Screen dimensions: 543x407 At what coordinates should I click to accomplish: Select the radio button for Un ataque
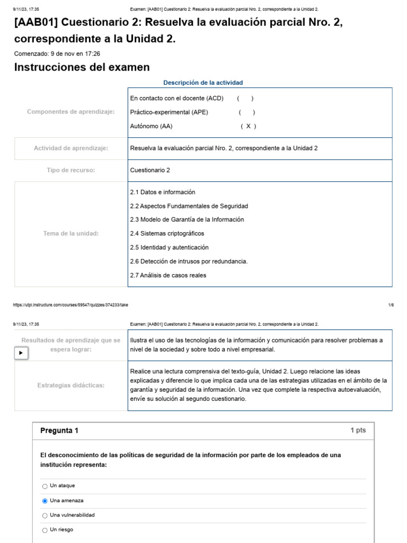pos(45,486)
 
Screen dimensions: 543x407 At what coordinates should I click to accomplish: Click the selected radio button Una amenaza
pos(45,501)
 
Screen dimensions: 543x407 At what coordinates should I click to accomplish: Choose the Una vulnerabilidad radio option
pos(45,515)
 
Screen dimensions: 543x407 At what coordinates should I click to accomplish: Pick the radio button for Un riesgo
pos(45,530)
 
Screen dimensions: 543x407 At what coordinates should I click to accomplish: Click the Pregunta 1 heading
pos(59,431)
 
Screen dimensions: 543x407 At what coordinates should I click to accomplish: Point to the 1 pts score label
pos(358,431)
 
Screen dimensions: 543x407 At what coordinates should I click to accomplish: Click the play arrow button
pos(21,353)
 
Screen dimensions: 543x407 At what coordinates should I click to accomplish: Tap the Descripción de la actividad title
pos(203,83)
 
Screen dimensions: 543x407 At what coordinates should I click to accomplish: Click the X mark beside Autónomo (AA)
pos(248,126)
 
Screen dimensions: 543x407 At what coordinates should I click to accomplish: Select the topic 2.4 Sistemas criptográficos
pos(167,233)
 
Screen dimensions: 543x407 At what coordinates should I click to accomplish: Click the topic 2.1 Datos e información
pos(163,192)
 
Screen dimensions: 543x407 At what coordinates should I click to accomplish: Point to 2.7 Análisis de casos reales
pos(168,275)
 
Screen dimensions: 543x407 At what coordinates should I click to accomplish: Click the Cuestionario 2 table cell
pos(150,170)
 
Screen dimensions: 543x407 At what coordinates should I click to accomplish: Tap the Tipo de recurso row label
pos(71,170)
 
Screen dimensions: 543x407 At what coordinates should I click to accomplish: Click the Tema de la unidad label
pos(71,233)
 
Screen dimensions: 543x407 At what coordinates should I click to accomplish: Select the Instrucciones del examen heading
pos(82,67)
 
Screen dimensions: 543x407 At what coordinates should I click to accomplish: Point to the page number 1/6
pos(391,305)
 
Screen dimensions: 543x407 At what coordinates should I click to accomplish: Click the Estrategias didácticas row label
pos(71,385)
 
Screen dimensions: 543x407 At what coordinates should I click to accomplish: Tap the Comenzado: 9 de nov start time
pos(57,54)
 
